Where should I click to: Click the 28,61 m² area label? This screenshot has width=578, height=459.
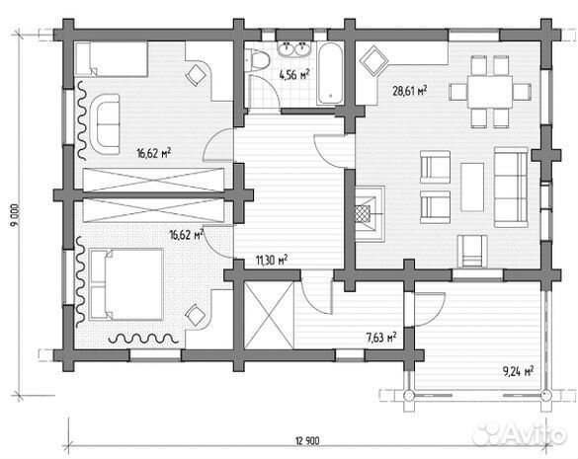tap(409, 90)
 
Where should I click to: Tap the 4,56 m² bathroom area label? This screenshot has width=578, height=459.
tap(293, 75)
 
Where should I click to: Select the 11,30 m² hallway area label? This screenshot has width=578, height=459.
tap(272, 260)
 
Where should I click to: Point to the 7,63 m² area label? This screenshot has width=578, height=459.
tap(381, 337)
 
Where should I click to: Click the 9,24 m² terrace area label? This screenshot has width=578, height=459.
tap(519, 371)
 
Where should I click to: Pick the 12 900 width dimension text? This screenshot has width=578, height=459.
tap(307, 440)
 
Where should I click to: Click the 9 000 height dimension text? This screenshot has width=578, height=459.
tap(15, 215)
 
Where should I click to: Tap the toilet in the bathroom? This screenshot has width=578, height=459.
tap(257, 60)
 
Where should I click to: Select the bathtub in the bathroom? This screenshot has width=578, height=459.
tap(330, 73)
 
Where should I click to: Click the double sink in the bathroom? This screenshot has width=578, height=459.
tap(293, 49)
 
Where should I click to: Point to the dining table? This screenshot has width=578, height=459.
tap(490, 92)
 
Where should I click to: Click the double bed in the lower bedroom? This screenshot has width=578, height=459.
tap(126, 284)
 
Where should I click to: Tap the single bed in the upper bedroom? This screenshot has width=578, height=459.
tap(112, 59)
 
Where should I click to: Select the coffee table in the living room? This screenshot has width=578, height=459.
tap(472, 188)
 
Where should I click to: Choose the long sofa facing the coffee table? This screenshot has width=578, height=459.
tap(511, 188)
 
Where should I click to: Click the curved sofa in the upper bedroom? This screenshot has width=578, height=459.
tap(105, 123)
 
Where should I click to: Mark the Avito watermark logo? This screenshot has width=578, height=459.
tap(520, 434)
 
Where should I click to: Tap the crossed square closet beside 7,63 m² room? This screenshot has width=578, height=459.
tap(269, 315)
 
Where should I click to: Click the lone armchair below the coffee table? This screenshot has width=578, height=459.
tap(472, 251)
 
